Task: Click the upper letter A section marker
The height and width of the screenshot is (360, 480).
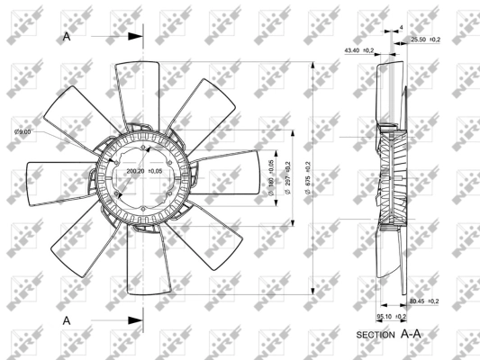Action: click(68, 37)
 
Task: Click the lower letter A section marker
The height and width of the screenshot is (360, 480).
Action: click(68, 319)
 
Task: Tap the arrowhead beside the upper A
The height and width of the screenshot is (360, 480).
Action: click(136, 37)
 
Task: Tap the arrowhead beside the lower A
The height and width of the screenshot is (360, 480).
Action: click(136, 319)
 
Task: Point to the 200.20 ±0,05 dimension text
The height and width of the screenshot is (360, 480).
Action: click(144, 171)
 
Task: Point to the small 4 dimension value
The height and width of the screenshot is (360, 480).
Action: click(401, 29)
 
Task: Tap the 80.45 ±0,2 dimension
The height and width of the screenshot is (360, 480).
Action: click(424, 301)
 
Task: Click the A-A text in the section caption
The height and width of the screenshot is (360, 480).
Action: click(412, 334)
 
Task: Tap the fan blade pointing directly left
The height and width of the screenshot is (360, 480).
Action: click(59, 180)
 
